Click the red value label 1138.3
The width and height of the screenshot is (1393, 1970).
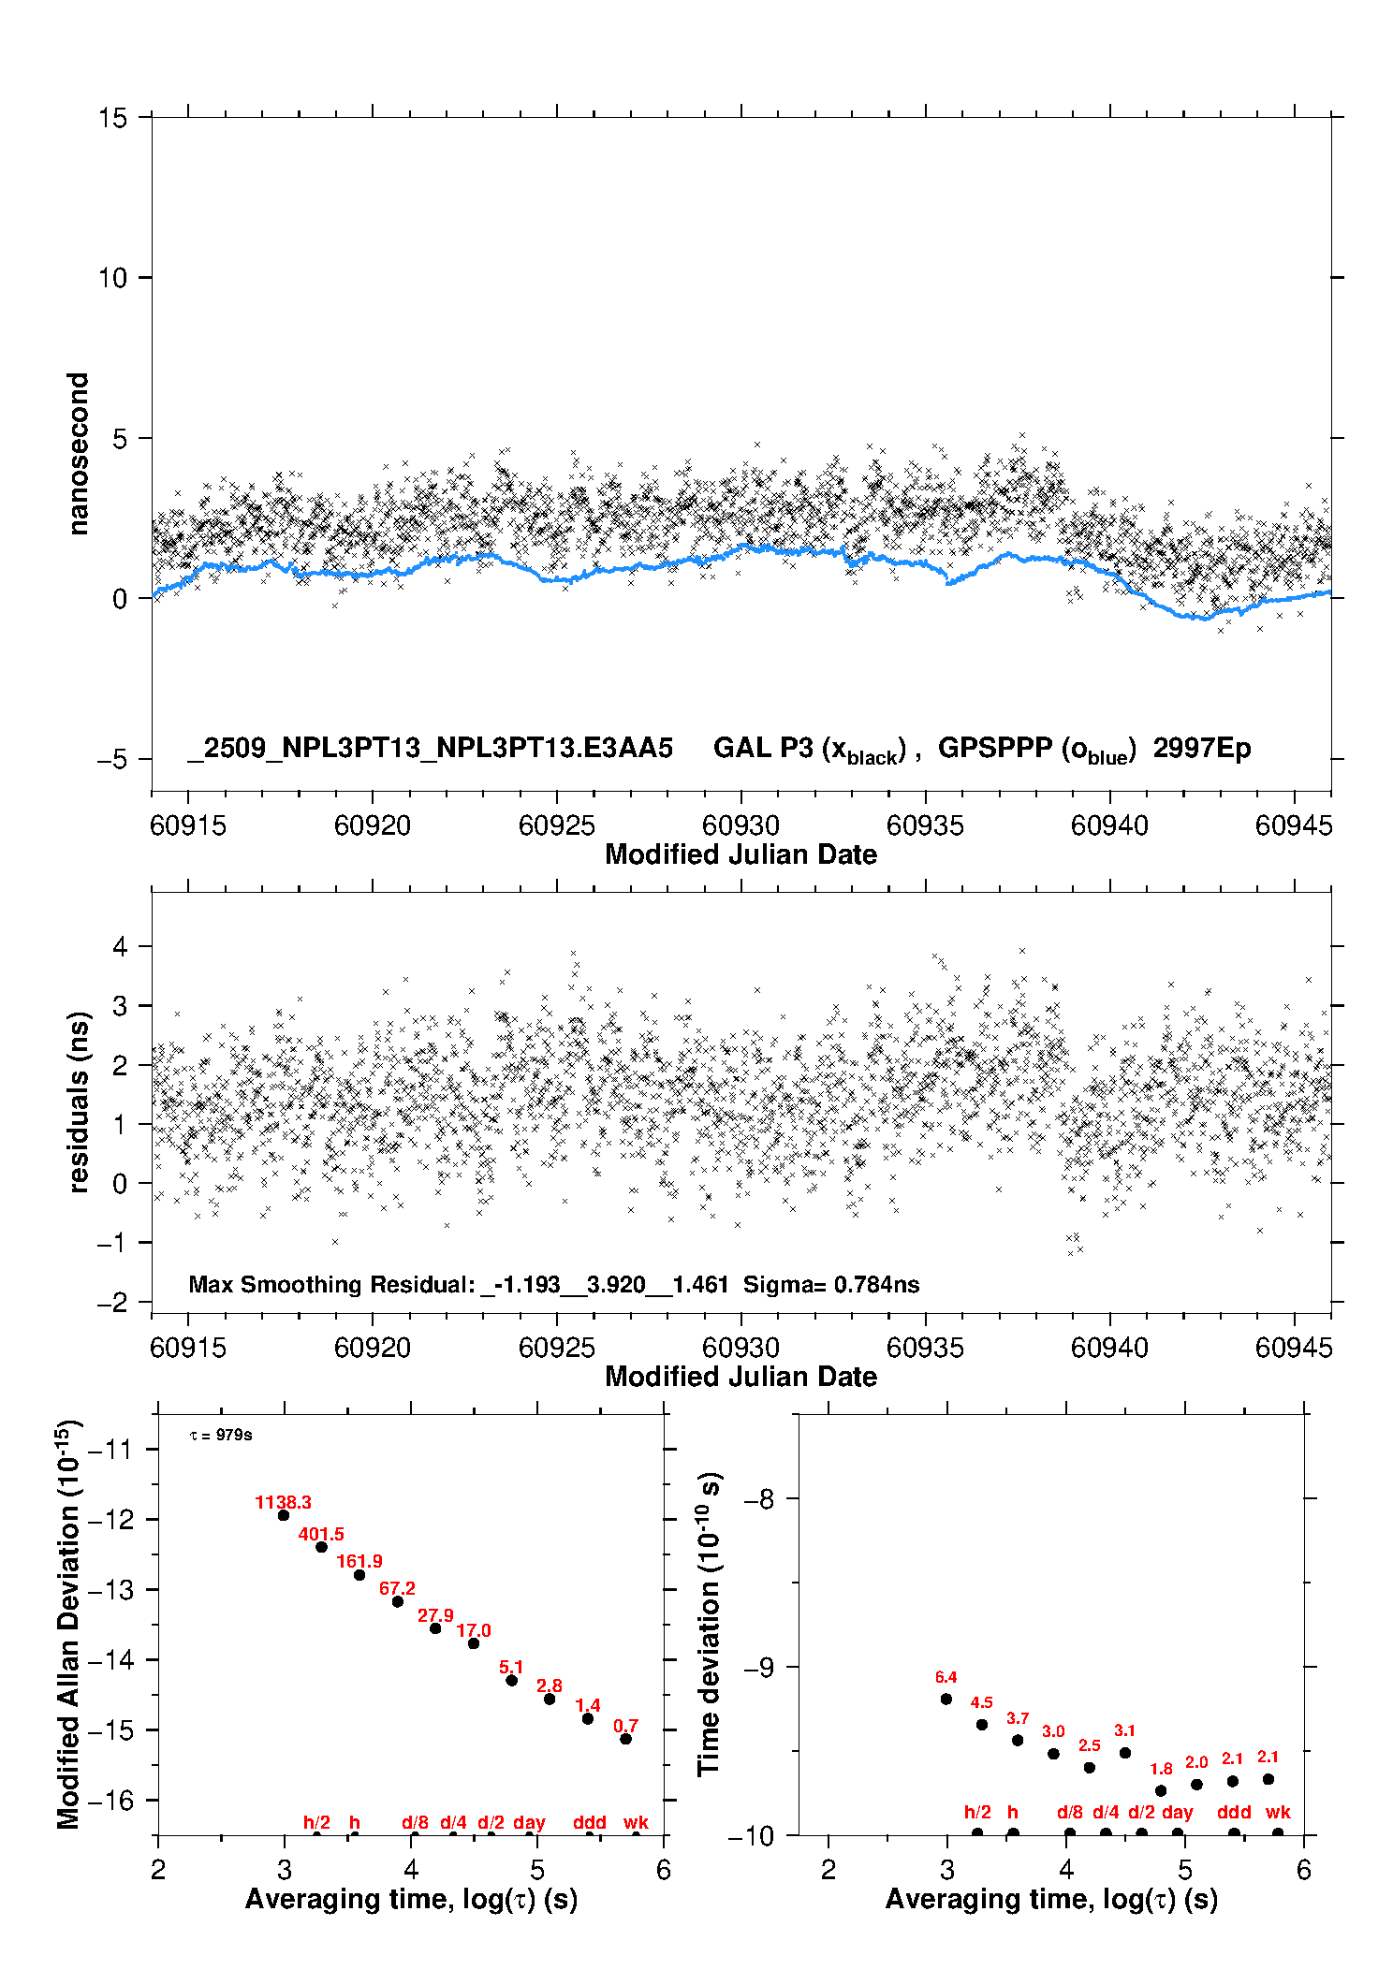[283, 1502]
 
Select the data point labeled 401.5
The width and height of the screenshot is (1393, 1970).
[321, 1547]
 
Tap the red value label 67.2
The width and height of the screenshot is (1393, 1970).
[397, 1588]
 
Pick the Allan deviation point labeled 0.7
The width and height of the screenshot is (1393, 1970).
[625, 1739]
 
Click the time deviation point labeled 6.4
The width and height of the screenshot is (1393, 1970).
[946, 1699]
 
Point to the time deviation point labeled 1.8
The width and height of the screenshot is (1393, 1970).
[1161, 1790]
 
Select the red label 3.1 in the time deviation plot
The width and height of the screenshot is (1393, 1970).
[1124, 1730]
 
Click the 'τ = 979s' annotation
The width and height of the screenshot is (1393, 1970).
[221, 1435]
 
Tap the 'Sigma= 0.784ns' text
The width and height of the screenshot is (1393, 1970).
[831, 1284]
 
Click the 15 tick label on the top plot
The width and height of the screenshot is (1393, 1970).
[112, 118]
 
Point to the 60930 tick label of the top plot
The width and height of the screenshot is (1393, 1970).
[740, 825]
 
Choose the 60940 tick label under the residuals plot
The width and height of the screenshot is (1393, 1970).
[1109, 1348]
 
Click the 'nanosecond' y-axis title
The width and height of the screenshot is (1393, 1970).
[78, 454]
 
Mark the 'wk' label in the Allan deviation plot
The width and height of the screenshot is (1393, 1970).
[636, 1822]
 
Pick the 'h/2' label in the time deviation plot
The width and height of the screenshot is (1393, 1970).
[977, 1812]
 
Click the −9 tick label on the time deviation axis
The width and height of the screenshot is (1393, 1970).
[758, 1667]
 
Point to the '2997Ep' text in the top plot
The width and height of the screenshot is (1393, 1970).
[1202, 749]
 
